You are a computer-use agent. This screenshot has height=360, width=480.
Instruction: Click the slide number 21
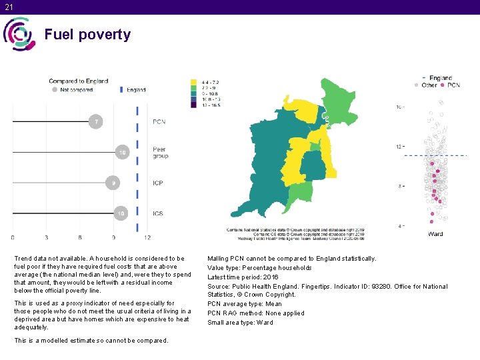click(8, 7)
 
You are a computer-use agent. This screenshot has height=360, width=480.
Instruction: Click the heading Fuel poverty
click(87, 35)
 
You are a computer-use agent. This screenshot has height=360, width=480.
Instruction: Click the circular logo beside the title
click(18, 34)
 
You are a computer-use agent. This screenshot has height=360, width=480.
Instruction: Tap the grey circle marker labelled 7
click(97, 122)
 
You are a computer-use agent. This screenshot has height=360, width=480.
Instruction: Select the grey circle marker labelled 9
click(114, 183)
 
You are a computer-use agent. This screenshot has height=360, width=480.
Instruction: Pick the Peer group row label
click(160, 153)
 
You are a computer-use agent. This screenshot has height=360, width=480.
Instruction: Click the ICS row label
click(158, 213)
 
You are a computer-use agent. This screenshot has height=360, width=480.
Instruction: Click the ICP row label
click(158, 183)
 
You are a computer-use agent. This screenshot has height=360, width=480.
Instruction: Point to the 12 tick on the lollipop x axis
click(147, 237)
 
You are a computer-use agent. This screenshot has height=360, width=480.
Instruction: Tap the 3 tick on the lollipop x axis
click(47, 237)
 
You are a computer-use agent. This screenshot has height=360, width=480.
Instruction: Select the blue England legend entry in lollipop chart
click(133, 89)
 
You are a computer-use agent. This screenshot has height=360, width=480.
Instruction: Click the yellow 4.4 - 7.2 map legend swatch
click(194, 82)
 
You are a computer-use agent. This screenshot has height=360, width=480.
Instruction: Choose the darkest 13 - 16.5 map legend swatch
click(194, 105)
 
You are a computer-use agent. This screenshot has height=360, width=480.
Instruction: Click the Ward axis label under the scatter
click(435, 234)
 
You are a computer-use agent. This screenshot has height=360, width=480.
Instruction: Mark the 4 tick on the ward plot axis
click(400, 226)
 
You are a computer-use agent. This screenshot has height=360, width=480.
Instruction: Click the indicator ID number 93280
click(390, 286)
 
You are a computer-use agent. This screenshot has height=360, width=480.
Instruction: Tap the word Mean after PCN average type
click(273, 304)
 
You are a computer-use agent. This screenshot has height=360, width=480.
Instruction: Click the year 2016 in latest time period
click(271, 277)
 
